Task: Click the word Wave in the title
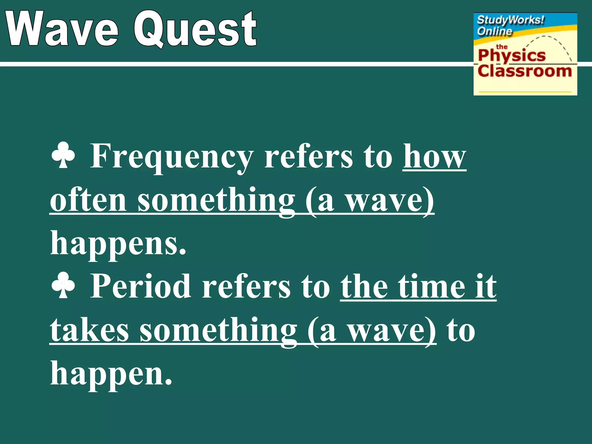(x=62, y=29)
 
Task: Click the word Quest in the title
(x=195, y=29)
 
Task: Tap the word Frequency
(x=172, y=157)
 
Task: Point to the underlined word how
(x=434, y=157)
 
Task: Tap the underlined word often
(x=88, y=200)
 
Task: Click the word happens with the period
(x=118, y=243)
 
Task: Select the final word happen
(x=111, y=373)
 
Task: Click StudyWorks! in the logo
(x=510, y=20)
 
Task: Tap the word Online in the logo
(x=494, y=31)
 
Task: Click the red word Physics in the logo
(x=512, y=56)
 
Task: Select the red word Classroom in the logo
(x=525, y=71)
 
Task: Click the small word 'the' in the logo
(x=502, y=47)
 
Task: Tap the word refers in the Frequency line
(x=308, y=157)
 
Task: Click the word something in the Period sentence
(x=218, y=330)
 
